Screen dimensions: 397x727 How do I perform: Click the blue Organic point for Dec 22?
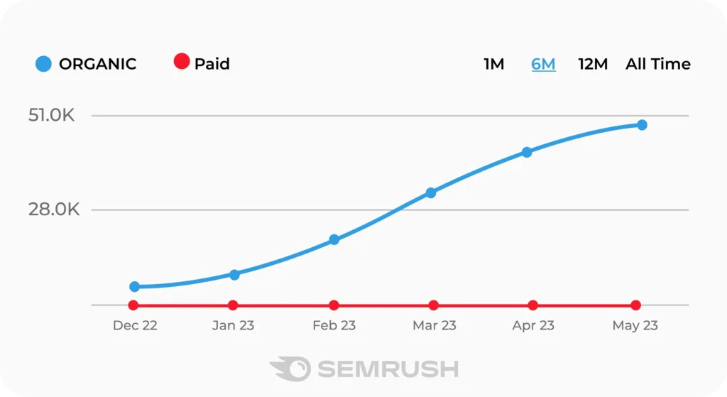[135, 287]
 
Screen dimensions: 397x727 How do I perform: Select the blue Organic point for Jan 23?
[234, 275]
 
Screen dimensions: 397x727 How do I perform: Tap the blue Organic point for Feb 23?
[334, 240]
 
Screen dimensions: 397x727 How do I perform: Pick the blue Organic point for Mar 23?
[431, 192]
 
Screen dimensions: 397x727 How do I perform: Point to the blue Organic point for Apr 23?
[527, 152]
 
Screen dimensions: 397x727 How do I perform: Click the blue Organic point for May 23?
[642, 125]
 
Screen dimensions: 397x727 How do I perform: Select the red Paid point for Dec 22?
[133, 305]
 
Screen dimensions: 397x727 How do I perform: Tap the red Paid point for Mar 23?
[434, 305]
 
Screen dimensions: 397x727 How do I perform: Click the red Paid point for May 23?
[636, 305]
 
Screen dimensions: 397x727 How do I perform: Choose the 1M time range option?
[494, 64]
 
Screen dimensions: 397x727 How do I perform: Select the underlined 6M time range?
[544, 64]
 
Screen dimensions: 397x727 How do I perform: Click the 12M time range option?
[593, 64]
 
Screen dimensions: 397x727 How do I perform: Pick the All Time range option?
[657, 64]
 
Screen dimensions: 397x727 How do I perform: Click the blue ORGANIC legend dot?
[43, 64]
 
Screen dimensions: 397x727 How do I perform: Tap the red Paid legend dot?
[182, 62]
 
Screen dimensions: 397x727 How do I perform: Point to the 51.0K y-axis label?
[51, 115]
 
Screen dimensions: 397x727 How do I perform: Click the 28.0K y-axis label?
[51, 210]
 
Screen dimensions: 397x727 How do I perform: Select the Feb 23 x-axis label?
[334, 326]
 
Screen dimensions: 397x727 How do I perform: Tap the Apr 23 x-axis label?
[533, 326]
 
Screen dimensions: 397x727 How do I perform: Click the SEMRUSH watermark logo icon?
[290, 369]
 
